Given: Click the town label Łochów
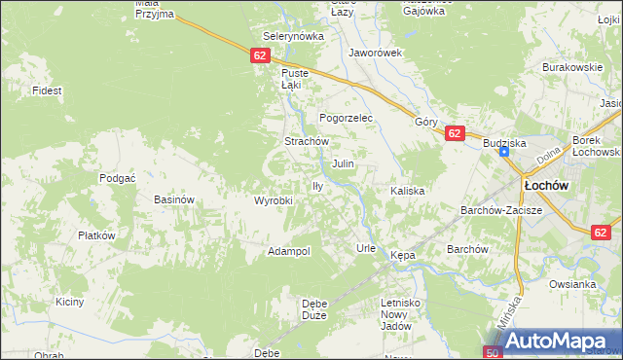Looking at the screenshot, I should (546, 185).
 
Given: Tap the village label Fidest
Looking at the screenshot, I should (47, 90).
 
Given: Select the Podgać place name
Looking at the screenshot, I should (117, 178).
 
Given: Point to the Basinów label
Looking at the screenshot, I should (175, 199).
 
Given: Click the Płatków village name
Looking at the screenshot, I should (97, 235).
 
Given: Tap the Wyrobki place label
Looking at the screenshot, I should (274, 200).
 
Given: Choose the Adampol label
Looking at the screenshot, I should (289, 251).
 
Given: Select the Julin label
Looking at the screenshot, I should (343, 163).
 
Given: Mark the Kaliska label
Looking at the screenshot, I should (408, 191).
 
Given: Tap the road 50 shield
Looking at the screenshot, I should (493, 352).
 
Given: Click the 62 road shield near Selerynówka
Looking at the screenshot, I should (259, 56).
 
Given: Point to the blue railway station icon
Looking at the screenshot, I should (504, 152).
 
